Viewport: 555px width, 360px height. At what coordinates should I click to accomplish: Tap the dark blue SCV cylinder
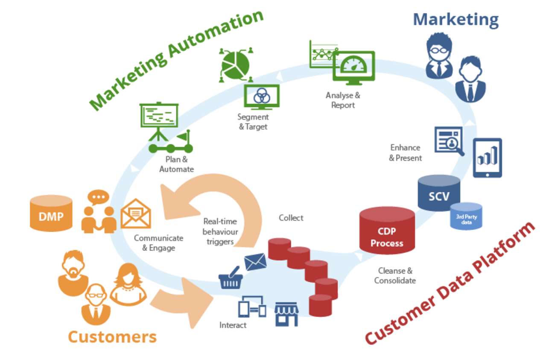pos(438,196)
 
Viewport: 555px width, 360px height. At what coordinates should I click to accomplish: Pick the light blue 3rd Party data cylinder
pos(466,217)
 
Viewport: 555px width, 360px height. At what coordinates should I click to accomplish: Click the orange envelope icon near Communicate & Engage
pos(135,214)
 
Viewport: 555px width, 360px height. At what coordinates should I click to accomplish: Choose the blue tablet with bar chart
pos(487,158)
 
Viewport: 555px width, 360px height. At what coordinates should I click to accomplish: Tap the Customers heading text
pos(112,337)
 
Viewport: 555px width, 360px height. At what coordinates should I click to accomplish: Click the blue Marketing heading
pos(456,19)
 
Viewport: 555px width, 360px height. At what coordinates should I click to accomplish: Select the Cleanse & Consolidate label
pos(395,275)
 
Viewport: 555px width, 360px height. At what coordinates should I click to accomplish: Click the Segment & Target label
pos(253,122)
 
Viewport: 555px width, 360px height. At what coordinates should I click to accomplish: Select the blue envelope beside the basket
pos(255,261)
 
